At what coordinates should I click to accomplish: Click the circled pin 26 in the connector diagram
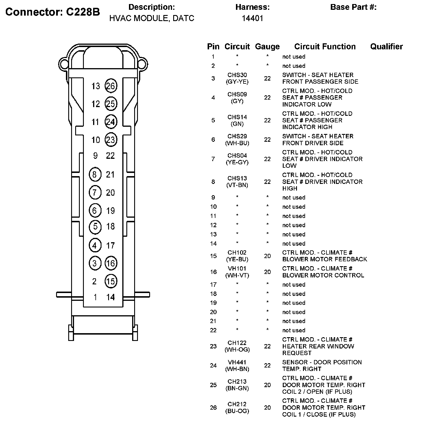point(111,86)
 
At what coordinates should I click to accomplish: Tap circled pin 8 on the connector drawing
point(95,174)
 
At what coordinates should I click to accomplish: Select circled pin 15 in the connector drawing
point(111,281)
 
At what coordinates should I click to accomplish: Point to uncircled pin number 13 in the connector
point(96,86)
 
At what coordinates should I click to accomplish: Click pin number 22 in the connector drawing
point(110,156)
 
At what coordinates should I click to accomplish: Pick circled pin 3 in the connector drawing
point(95,263)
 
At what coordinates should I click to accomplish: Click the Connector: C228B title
point(53,12)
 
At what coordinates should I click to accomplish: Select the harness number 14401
point(252,18)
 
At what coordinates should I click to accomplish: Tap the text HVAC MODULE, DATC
point(152,18)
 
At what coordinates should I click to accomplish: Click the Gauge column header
point(267,47)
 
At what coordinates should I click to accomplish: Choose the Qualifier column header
point(386,46)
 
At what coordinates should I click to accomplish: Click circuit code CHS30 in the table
point(237,75)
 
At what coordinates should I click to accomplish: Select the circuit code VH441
point(237,362)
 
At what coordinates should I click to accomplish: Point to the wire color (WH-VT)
point(237,275)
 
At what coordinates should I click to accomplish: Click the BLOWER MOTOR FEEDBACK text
point(324,259)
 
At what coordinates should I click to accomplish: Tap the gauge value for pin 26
point(267,408)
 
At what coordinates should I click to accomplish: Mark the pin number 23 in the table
point(213,346)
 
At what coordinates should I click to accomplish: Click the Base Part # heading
point(353,7)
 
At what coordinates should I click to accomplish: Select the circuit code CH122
point(237,343)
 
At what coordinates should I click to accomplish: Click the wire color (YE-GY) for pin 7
point(237,162)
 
